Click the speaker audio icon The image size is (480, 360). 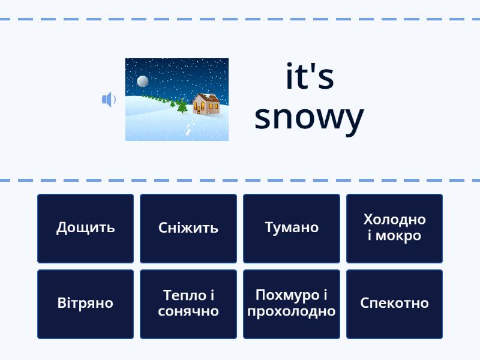(109, 99)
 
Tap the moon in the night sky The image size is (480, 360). (143, 81)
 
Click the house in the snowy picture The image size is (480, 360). (206, 104)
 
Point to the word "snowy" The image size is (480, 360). (309, 118)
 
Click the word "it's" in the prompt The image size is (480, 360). (310, 77)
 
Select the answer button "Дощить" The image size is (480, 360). (85, 229)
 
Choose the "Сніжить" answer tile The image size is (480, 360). (188, 229)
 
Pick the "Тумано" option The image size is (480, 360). (292, 229)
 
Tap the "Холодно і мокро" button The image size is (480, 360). (394, 229)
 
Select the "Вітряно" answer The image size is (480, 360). (85, 304)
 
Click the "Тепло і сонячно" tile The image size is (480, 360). (188, 304)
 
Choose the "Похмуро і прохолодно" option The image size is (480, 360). (292, 304)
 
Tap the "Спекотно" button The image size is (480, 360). (394, 304)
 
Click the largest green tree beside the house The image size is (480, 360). (182, 106)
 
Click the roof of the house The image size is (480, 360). (208, 98)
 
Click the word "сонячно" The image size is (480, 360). (188, 311)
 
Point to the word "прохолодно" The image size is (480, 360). (292, 312)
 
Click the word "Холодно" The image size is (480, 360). (395, 220)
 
